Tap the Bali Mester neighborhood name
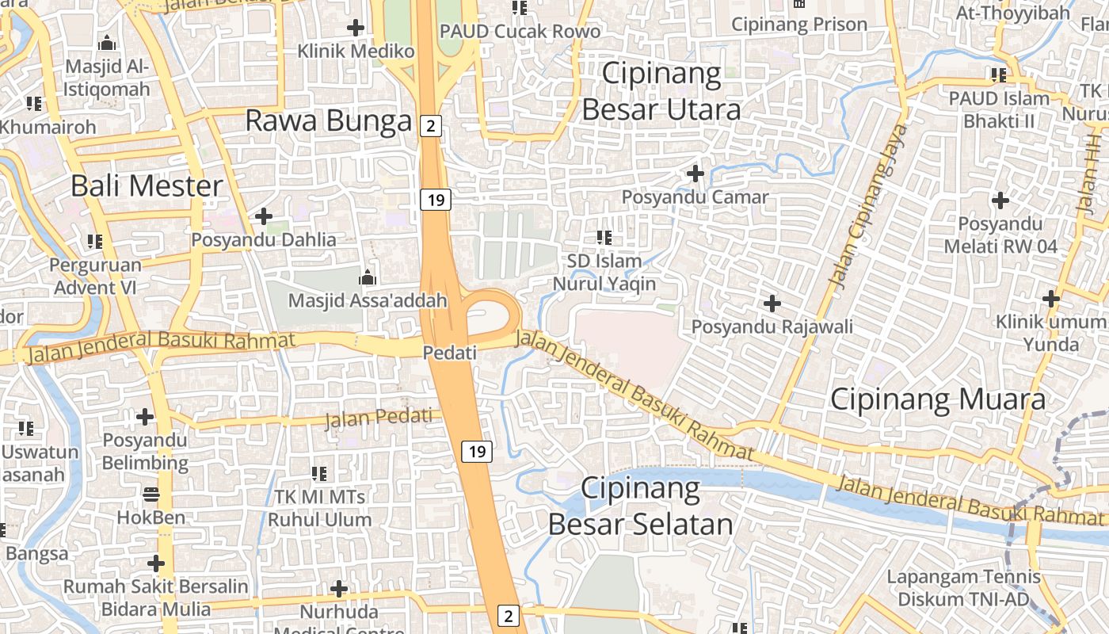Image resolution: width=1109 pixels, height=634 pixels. pos(147,186)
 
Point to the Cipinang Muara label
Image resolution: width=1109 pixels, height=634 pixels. pos(938,399)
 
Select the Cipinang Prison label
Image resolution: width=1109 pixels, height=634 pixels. pos(799,25)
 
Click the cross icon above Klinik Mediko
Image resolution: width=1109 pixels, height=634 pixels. pos(356,29)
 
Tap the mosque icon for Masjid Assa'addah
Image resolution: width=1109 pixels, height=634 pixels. pos(367,278)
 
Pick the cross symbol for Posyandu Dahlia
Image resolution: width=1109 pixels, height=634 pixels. pos(264,216)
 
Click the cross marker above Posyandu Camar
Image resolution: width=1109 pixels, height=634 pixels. pos(696,173)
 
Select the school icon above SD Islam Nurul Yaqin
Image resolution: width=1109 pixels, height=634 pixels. pos(604,237)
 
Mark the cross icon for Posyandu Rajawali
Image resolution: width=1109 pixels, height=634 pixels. pos(772,303)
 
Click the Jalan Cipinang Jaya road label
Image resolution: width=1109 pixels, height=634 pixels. pos(867,205)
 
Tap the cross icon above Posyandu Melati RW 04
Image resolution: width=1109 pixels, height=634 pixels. pos(1000,201)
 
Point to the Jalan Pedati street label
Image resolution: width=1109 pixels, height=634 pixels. pos(383,418)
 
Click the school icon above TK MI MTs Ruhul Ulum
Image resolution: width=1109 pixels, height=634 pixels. pos(319,474)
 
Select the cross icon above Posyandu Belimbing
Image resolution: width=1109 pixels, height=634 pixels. pos(145,416)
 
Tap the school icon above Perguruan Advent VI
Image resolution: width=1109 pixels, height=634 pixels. pos(95,241)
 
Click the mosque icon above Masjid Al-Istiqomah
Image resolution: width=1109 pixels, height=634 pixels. pos(107,43)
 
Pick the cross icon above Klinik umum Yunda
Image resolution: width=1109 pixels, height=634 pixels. pos(1051,299)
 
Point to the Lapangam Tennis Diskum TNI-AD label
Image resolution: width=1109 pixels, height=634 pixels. pos(963,587)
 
